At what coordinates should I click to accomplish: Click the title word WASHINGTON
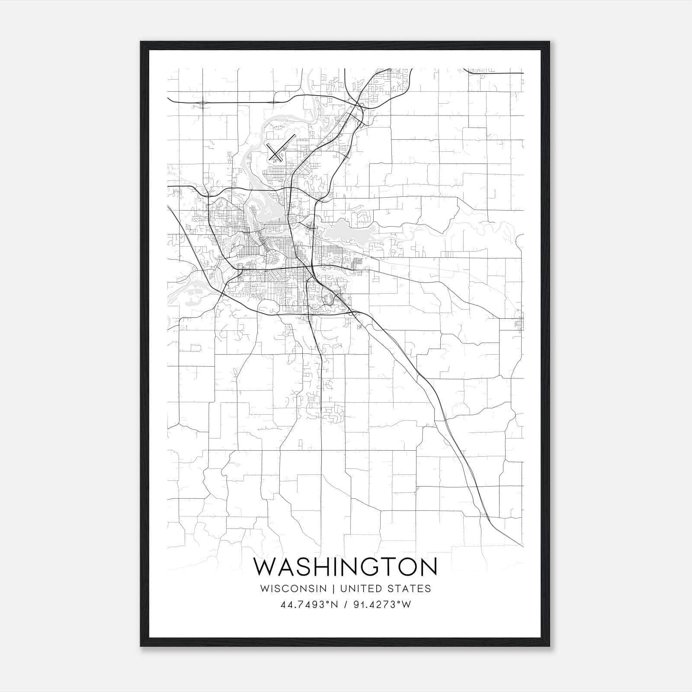(x=345, y=567)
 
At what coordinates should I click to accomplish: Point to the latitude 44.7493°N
(x=309, y=605)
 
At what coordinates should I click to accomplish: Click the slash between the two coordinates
(x=346, y=605)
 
